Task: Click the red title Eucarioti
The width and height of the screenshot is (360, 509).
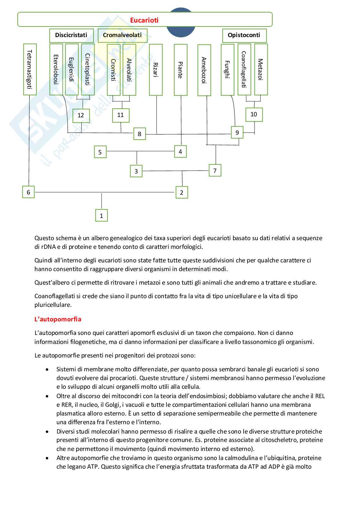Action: [x=144, y=20]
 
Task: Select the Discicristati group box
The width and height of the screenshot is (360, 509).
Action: [x=71, y=35]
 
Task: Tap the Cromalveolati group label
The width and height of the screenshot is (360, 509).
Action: [x=122, y=35]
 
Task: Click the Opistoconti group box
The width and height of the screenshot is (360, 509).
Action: [x=244, y=35]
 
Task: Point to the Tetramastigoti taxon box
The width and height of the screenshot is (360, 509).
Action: [x=30, y=69]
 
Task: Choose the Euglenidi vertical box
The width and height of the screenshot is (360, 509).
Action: [x=72, y=69]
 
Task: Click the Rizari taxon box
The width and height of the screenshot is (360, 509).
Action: [x=155, y=69]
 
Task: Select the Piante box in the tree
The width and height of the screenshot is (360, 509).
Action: [x=180, y=70]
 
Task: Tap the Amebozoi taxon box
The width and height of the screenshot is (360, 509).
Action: [x=204, y=70]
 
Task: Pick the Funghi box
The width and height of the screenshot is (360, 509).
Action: [x=227, y=69]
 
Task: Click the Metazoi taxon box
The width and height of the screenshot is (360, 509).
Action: [x=261, y=69]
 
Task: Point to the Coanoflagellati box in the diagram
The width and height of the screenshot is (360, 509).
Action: [x=244, y=69]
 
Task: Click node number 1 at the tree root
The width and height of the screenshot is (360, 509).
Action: [x=101, y=215]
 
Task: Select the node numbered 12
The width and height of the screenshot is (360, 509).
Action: [x=81, y=115]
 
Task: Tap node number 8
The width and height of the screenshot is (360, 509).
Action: [x=139, y=134]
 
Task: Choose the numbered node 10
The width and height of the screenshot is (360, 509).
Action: [x=254, y=114]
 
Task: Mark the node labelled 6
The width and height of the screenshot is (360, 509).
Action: [x=28, y=192]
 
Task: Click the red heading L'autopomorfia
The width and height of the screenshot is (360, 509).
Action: [x=58, y=319]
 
